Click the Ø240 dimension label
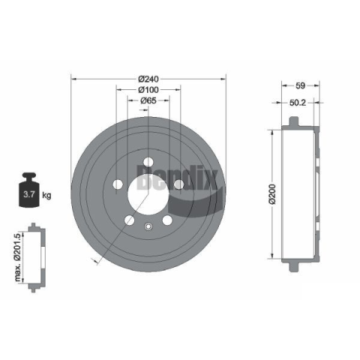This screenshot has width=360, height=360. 148,79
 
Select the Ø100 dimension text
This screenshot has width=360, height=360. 148,90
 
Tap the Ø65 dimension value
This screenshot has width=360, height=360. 148,100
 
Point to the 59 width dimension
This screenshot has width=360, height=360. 300,85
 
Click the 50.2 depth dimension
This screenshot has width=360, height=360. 298,103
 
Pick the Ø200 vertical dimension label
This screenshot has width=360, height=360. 272,194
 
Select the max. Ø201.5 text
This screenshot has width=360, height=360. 17,257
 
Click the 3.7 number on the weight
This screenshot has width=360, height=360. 28,194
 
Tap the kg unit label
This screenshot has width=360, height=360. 46,195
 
